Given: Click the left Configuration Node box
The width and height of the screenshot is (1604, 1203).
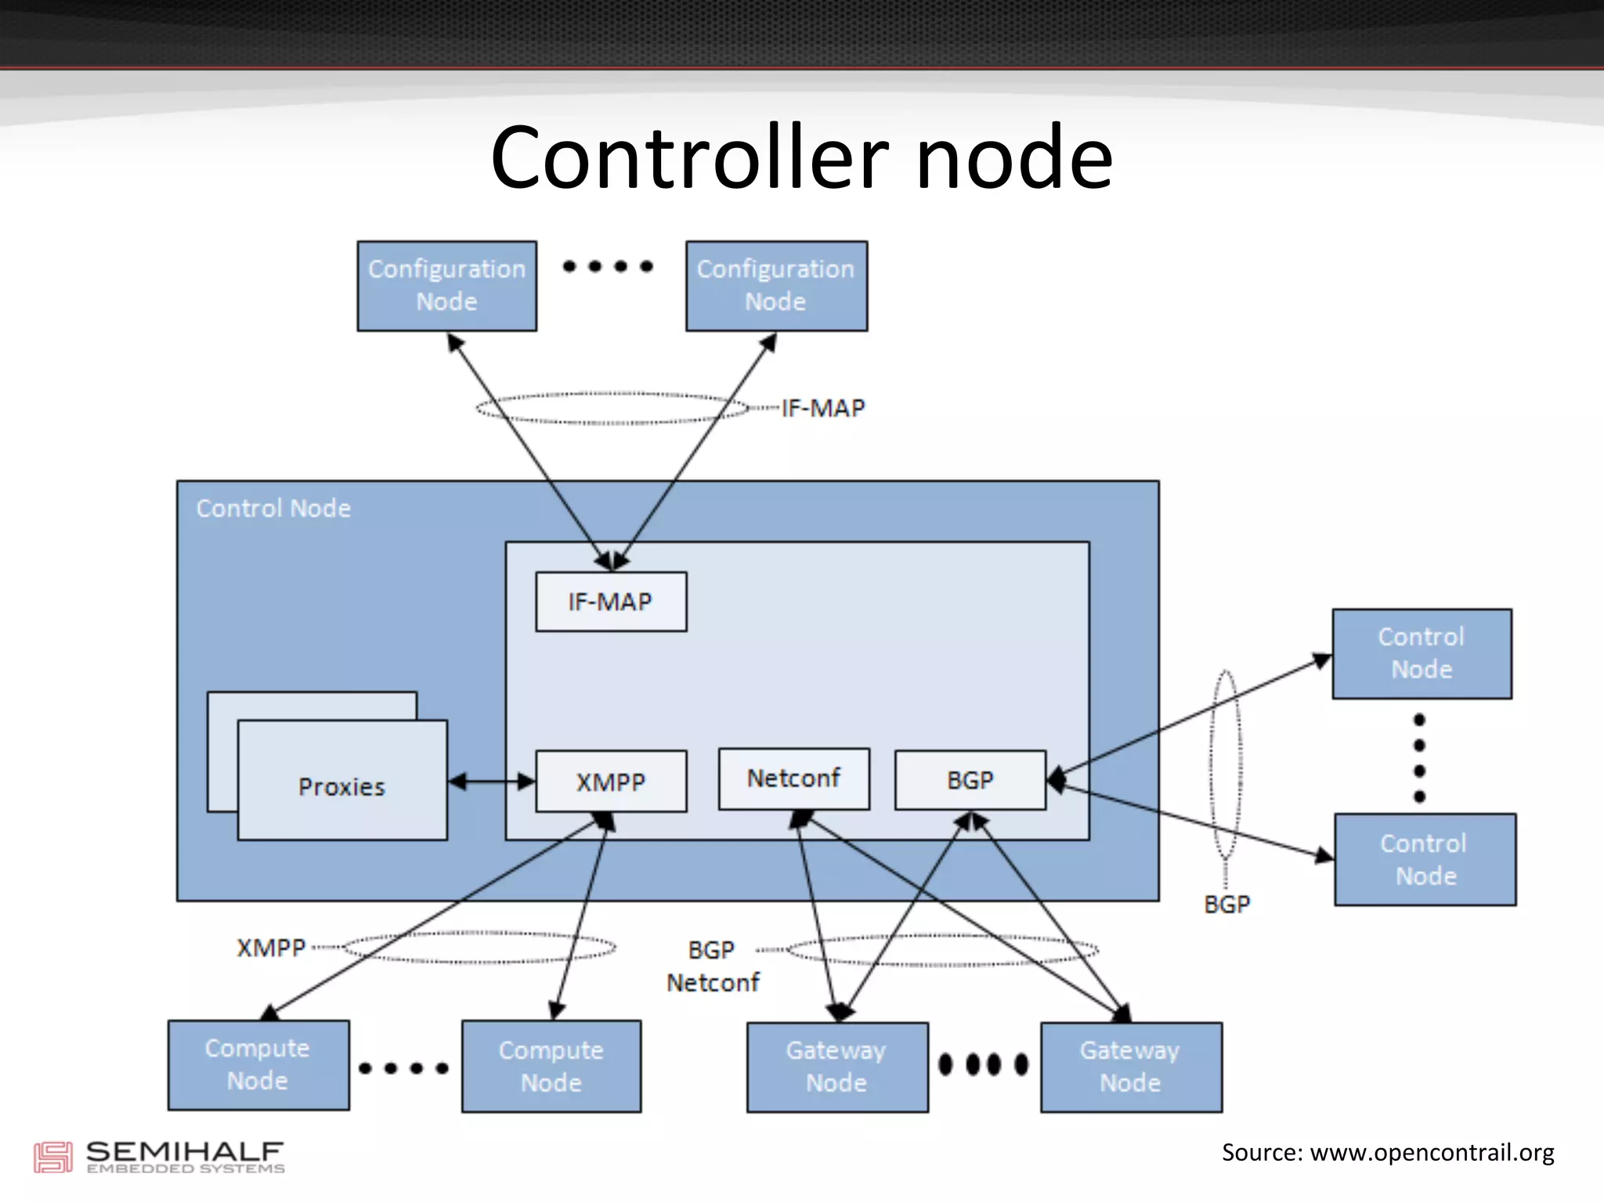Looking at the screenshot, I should click(446, 286).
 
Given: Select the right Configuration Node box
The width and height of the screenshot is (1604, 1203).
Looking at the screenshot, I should click(776, 286).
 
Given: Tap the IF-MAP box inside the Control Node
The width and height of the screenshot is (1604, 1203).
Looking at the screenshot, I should click(611, 601).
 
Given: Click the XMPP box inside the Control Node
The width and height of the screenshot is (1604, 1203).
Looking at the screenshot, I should click(611, 782).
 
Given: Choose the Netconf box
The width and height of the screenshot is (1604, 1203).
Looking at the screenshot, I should click(793, 779).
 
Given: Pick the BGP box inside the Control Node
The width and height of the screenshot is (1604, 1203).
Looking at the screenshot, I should click(970, 780).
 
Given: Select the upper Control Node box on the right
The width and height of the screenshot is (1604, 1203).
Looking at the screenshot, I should click(1422, 653).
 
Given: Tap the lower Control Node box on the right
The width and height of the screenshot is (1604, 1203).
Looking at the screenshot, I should click(1425, 859).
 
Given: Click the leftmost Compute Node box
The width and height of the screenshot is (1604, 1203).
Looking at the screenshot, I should click(258, 1064).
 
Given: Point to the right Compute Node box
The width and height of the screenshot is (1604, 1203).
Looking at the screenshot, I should click(551, 1066).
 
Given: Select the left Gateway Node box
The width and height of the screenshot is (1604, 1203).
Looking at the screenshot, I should click(836, 1067).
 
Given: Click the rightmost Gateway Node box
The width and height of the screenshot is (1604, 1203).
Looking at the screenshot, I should click(1130, 1067).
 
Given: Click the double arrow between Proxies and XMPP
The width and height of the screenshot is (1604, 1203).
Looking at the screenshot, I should click(491, 781).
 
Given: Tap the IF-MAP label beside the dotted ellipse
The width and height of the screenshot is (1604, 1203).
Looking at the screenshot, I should click(823, 408).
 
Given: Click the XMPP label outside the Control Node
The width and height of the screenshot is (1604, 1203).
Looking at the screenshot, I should click(271, 948).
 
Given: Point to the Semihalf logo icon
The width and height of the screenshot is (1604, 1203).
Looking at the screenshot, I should click(52, 1157).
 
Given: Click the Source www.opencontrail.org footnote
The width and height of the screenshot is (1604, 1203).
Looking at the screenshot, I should click(1387, 1152).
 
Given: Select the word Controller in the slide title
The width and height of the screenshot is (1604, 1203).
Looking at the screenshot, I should click(690, 158).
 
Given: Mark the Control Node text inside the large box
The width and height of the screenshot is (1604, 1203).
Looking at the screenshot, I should click(273, 508).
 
